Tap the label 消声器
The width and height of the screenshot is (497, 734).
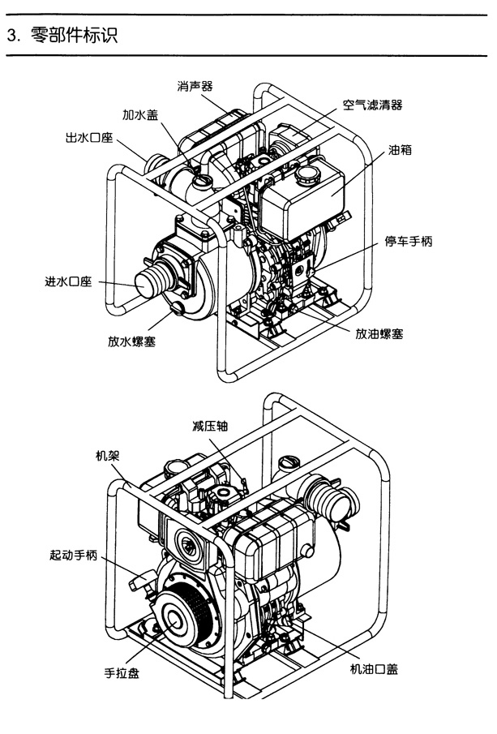coord(196,85)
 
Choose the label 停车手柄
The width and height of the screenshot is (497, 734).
coord(408,243)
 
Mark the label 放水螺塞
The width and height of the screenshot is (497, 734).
coord(132,341)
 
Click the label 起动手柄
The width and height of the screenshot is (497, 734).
coord(74,556)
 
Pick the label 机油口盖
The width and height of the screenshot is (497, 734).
coord(374,669)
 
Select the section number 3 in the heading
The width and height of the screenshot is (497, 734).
coord(11,36)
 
